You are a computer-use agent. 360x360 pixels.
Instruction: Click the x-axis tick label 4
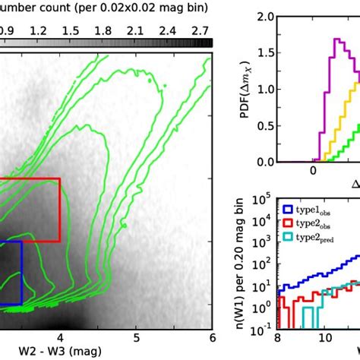pyautogui.click(x=59, y=335)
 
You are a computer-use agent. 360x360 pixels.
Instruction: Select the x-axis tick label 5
pyautogui.click(x=136, y=335)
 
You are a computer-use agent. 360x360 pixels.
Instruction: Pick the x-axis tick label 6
pyautogui.click(x=212, y=335)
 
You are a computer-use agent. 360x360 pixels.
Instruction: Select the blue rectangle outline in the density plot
pyautogui.click(x=21, y=273)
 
